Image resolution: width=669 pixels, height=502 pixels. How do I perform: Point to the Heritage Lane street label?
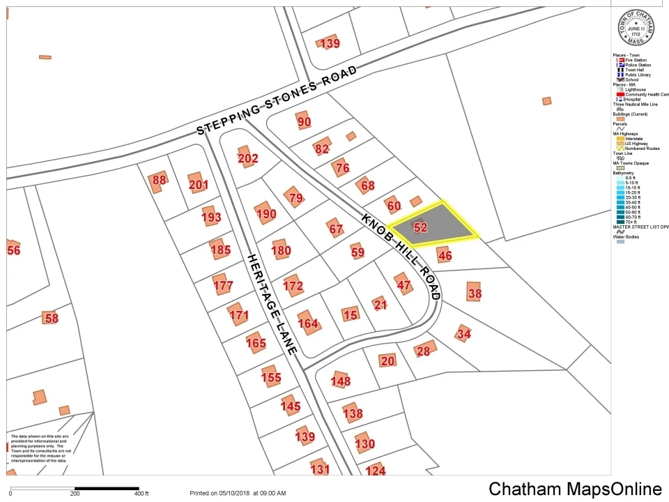pos(272,303)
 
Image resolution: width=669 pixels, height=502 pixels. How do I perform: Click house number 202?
pos(247,158)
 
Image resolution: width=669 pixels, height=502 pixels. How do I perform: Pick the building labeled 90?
pos(304,122)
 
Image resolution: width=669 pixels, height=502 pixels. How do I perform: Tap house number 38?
pos(475,294)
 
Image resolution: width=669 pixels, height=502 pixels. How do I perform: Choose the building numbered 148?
pos(341,381)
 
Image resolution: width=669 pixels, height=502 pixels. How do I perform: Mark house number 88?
pos(160,180)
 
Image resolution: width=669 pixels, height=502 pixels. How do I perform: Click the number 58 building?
pos(51,319)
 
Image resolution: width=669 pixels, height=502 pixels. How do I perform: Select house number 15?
pos(351,315)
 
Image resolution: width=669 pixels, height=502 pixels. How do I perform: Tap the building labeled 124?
pos(375,471)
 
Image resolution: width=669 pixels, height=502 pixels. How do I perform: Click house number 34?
pos(463,334)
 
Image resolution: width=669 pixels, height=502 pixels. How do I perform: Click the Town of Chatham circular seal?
pos(636,29)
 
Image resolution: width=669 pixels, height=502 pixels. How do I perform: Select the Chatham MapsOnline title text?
pos(575,489)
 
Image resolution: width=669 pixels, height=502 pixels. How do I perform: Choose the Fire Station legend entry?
pos(635,61)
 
